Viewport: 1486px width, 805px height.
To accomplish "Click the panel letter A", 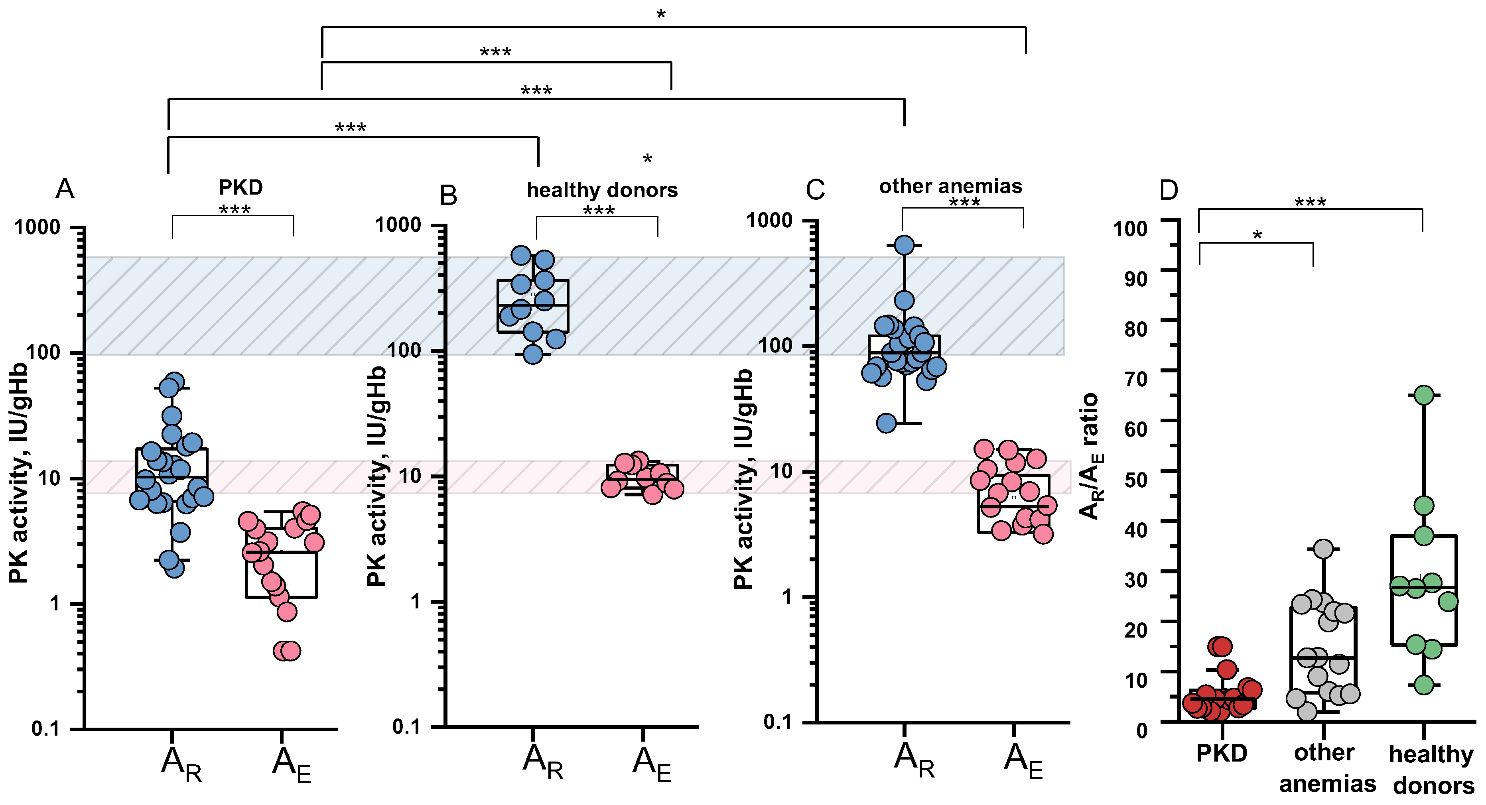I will [65, 189].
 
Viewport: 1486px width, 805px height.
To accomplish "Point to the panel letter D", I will [1168, 190].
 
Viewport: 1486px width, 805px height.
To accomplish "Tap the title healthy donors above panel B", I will [602, 190].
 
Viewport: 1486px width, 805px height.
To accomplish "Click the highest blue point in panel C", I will [904, 245].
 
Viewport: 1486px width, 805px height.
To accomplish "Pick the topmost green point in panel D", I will [1424, 395].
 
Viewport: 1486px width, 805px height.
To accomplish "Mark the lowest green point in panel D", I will [1424, 685].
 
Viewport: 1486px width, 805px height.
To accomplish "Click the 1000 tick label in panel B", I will [398, 224].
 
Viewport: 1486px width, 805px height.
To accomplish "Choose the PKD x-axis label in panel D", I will [1221, 753].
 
